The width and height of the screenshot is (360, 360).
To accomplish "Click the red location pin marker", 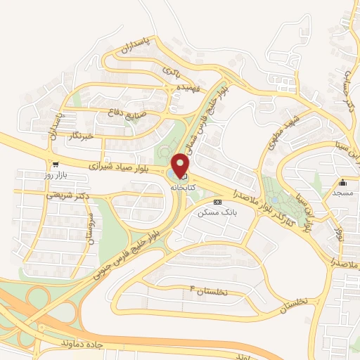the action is [x=181, y=166].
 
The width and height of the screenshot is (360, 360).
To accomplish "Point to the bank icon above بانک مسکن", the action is [x=226, y=202].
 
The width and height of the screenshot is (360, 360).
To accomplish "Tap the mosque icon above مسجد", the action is [x=343, y=182].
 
